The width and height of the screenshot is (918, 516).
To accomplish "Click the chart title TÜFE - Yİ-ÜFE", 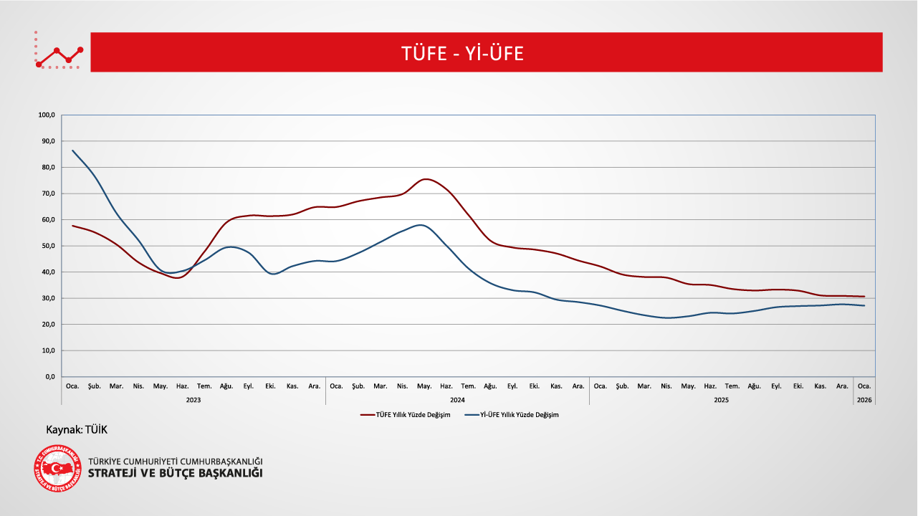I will (x=462, y=53).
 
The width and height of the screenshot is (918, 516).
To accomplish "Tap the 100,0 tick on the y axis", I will (x=47, y=115).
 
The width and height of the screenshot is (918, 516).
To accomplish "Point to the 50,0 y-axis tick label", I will (x=48, y=246).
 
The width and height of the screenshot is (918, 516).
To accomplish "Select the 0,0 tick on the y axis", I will (x=50, y=377).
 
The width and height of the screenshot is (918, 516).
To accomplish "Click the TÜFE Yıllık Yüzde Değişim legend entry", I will (x=405, y=415).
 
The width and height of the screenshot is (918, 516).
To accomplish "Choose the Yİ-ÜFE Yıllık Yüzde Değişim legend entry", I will (x=510, y=415).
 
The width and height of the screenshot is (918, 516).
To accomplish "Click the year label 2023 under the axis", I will (x=193, y=400).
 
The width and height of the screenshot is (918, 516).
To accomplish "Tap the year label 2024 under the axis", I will (x=457, y=400).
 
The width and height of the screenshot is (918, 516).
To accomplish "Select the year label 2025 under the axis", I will (x=721, y=400).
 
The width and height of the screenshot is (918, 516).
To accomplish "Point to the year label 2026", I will (x=864, y=400).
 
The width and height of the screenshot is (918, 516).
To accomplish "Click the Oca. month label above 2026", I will (x=864, y=386).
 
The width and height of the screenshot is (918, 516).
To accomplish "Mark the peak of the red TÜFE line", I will (x=426, y=179).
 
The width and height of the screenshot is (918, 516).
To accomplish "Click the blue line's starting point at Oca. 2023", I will (x=72, y=150).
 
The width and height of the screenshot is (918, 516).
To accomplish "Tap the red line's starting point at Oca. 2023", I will (x=72, y=226).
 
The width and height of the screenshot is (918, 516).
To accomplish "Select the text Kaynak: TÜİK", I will (x=77, y=429).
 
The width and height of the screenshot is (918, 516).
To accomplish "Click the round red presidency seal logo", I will (x=58, y=469).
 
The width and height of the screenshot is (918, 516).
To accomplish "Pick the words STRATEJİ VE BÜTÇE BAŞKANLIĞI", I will (x=175, y=474).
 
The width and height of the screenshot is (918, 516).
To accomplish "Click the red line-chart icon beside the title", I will (x=59, y=52).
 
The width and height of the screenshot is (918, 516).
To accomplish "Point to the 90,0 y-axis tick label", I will (x=48, y=141).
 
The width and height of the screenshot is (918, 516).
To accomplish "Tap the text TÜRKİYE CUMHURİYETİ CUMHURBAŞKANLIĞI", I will (x=175, y=461).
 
